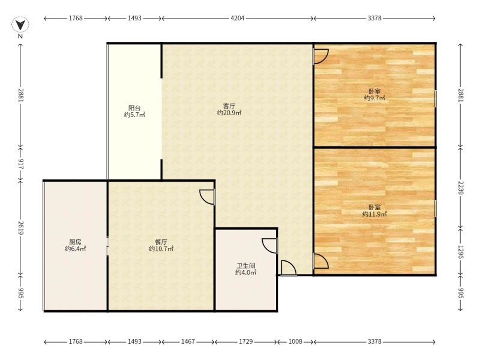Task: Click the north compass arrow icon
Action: (x=20, y=25)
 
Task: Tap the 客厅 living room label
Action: (x=229, y=106)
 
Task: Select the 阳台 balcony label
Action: (x=134, y=108)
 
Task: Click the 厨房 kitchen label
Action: (x=75, y=242)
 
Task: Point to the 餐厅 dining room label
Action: (x=161, y=242)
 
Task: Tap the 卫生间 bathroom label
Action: (x=246, y=266)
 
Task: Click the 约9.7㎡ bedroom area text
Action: (x=374, y=98)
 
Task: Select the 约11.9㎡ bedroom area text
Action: (x=374, y=214)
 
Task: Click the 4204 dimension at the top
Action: (x=237, y=18)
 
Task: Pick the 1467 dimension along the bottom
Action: (x=188, y=341)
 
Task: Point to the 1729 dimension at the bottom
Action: (x=246, y=341)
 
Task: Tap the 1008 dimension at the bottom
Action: (x=295, y=341)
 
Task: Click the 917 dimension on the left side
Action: (x=20, y=164)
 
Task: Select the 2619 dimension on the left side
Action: (x=20, y=228)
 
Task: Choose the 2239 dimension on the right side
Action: (x=461, y=188)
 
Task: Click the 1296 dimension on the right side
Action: (x=461, y=251)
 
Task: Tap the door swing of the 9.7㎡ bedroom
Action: (x=321, y=56)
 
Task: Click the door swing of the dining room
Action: (x=207, y=197)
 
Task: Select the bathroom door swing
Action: (x=269, y=246)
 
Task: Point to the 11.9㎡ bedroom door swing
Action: (x=321, y=261)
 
